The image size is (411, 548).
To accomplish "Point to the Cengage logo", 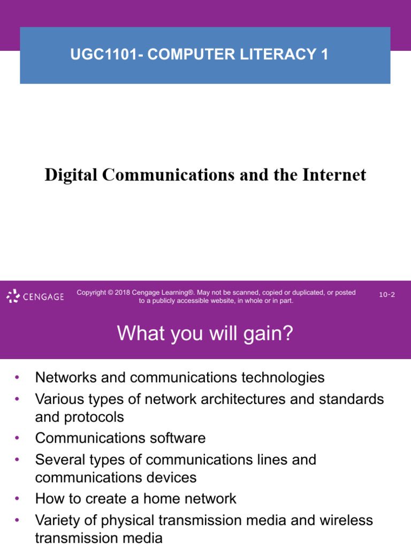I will click(35, 296).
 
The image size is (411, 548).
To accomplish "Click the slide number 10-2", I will click(387, 295).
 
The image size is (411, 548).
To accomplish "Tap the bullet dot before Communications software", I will click(17, 438).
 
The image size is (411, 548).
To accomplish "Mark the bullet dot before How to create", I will click(17, 499).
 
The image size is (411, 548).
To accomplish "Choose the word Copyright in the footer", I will click(91, 293).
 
